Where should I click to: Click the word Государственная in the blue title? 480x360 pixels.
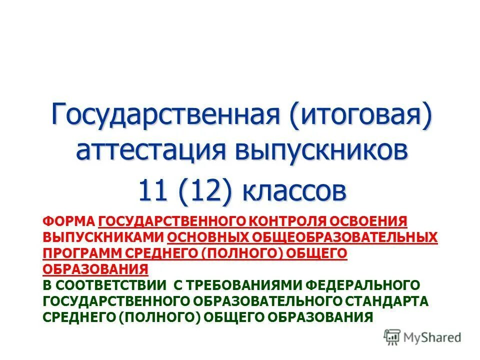pyautogui.click(x=165, y=116)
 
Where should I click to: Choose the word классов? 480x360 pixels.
pyautogui.click(x=294, y=190)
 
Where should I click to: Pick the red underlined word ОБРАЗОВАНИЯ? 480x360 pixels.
pyautogui.click(x=95, y=269)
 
